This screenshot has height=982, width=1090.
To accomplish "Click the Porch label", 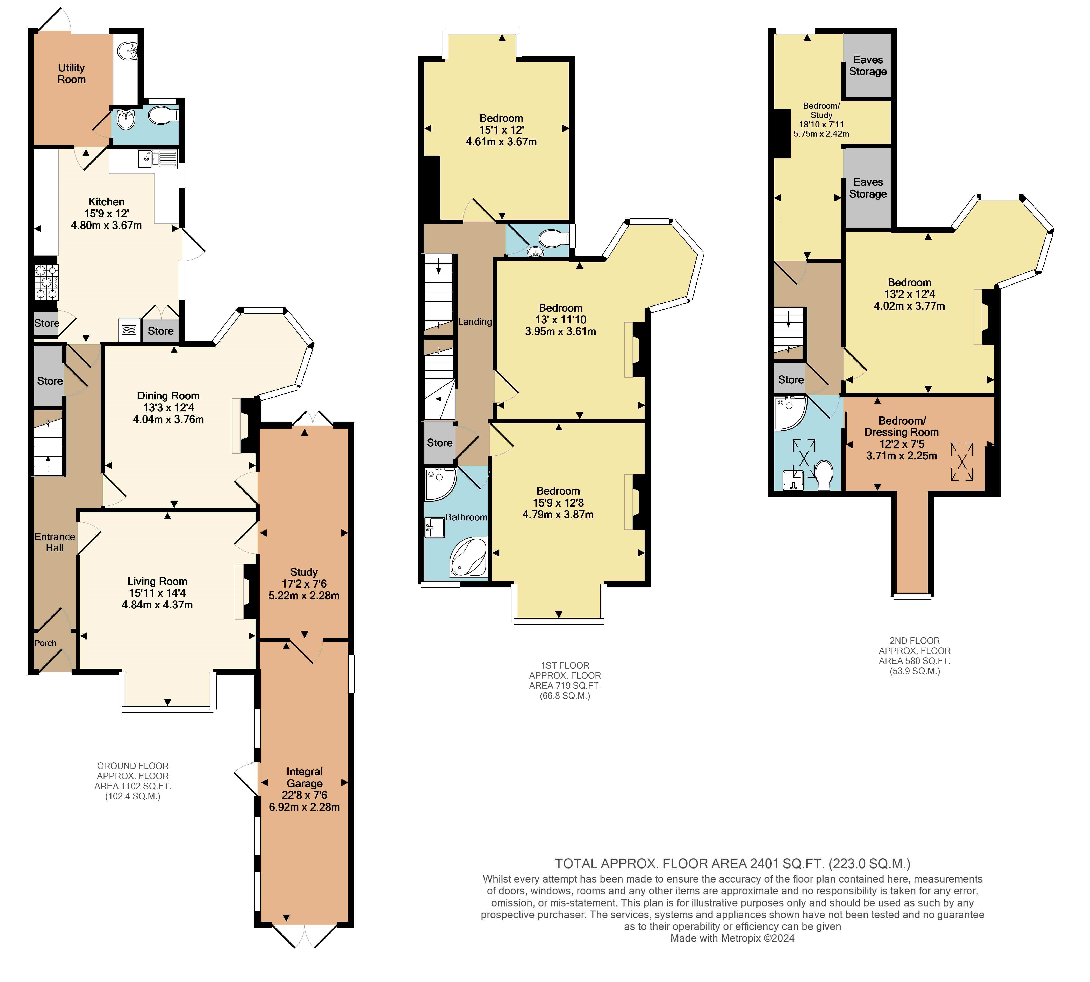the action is (45, 643).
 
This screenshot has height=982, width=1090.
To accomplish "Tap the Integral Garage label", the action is (304, 777).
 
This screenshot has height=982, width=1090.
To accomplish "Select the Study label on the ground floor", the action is (304, 572).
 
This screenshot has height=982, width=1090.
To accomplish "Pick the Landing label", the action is (475, 322).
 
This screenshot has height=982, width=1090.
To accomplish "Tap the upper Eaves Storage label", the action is (868, 65).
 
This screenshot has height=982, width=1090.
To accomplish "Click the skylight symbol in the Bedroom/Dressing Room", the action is (962, 461).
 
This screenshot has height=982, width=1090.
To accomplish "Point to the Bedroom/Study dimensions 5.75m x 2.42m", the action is (821, 133).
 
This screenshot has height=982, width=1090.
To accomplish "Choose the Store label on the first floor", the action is (439, 443).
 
